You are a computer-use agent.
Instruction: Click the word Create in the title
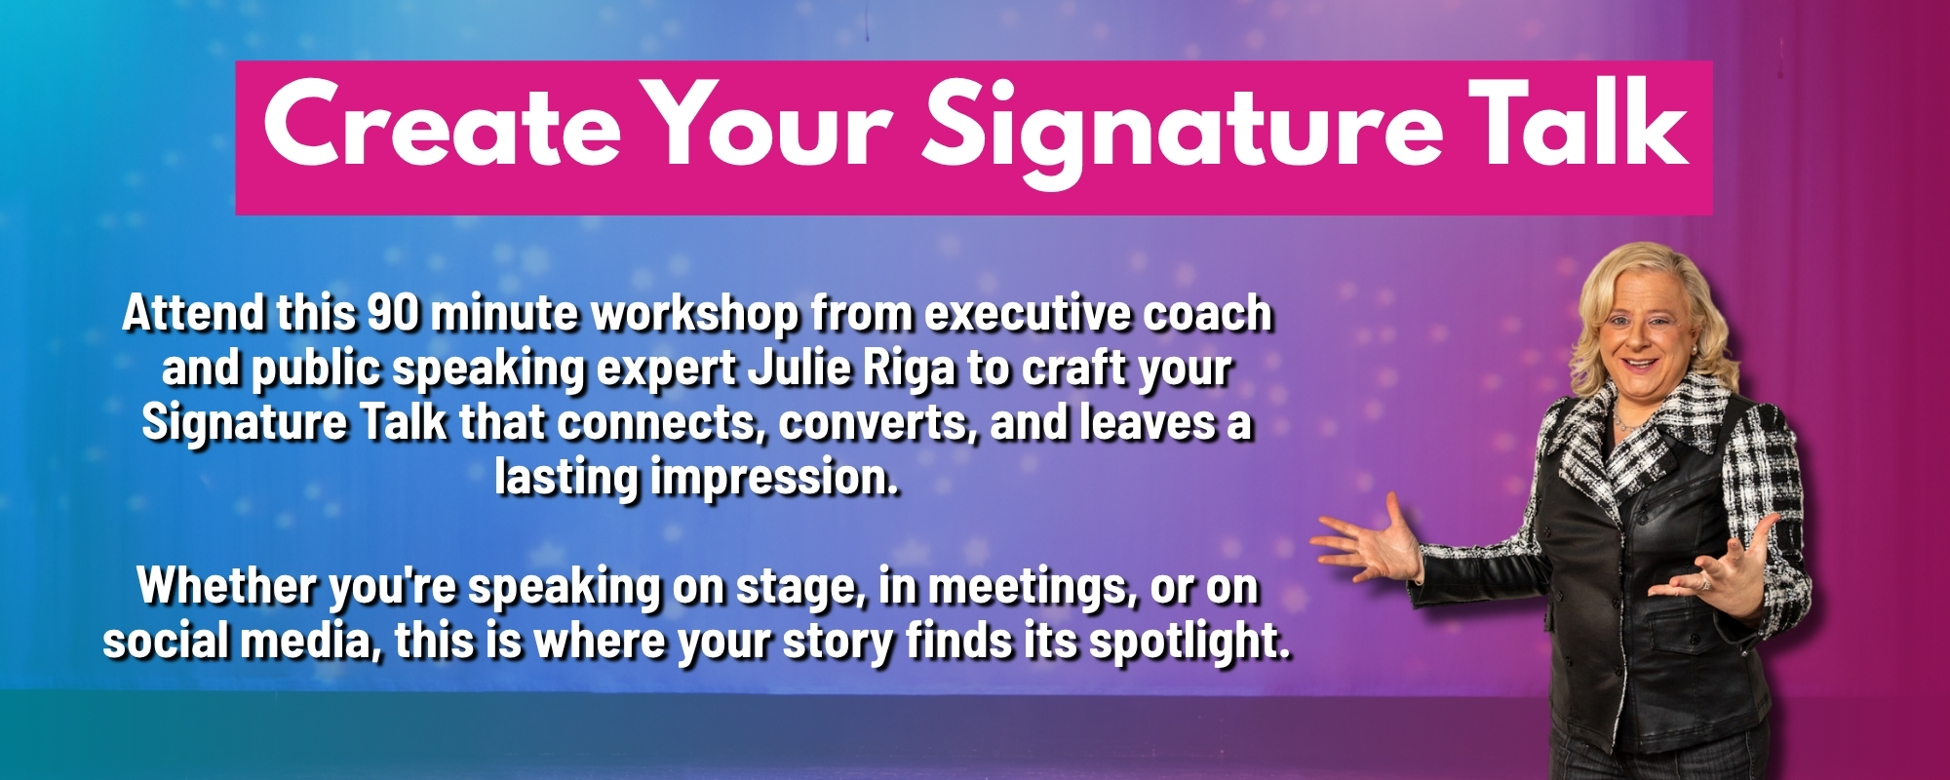pos(442,125)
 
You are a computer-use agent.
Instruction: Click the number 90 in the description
pos(394,313)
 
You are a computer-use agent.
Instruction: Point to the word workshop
pos(696,314)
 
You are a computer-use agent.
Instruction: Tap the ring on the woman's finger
pos(1705,584)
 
